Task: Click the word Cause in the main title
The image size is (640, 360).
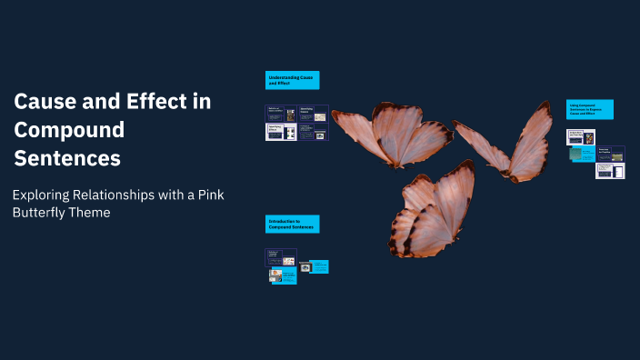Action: pyautogui.click(x=42, y=101)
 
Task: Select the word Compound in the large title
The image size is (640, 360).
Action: pyautogui.click(x=68, y=129)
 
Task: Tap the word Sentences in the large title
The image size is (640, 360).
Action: pyautogui.click(x=67, y=157)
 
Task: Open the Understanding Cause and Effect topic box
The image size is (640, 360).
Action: pyautogui.click(x=292, y=80)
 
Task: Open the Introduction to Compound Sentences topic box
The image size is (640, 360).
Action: pyautogui.click(x=292, y=223)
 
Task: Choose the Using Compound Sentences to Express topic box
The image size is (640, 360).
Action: pyautogui.click(x=590, y=110)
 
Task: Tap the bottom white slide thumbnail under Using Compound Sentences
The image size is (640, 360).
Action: pyautogui.click(x=610, y=170)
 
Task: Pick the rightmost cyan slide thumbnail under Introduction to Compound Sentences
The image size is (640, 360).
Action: pyautogui.click(x=319, y=267)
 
